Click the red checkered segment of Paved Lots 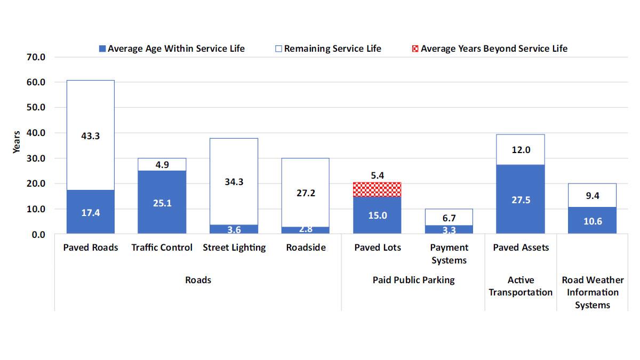[377, 189]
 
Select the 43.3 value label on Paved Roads [90, 136]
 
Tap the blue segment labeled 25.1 [162, 203]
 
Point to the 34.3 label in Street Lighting [234, 182]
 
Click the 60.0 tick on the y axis [36, 82]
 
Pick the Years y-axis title [17, 142]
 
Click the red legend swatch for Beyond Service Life [415, 49]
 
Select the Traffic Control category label [162, 248]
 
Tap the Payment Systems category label [449, 254]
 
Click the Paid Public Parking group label [413, 280]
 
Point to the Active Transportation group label [521, 286]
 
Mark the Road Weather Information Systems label [593, 292]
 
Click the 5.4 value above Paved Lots [377, 175]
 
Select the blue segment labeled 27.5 [520, 200]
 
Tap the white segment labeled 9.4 [592, 195]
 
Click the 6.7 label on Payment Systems [449, 218]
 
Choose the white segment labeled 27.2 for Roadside [305, 193]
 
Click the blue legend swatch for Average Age [102, 49]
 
